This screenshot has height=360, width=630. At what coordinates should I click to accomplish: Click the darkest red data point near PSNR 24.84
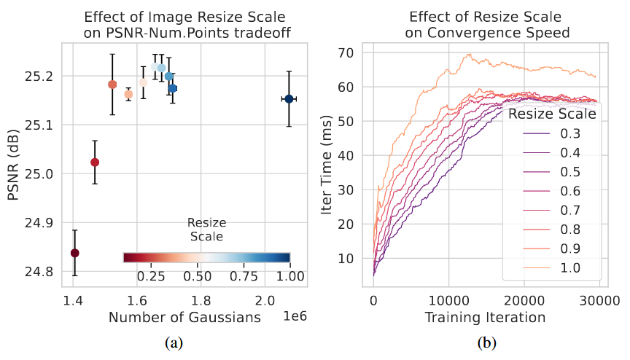coord(74,253)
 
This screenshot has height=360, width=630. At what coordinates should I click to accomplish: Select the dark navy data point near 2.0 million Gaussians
coord(289,98)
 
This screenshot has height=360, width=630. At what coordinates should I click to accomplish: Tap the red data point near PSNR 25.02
coord(95,162)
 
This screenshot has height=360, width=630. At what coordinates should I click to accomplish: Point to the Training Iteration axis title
coord(486,317)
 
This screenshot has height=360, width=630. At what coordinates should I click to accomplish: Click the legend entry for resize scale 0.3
coord(554,133)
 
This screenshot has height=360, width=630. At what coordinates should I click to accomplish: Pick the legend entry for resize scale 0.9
coord(554,249)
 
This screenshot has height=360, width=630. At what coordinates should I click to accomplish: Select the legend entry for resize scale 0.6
coord(554,191)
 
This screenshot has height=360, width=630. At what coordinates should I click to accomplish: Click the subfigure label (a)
coord(174,342)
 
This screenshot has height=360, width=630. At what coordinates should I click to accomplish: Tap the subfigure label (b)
coord(486,342)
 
